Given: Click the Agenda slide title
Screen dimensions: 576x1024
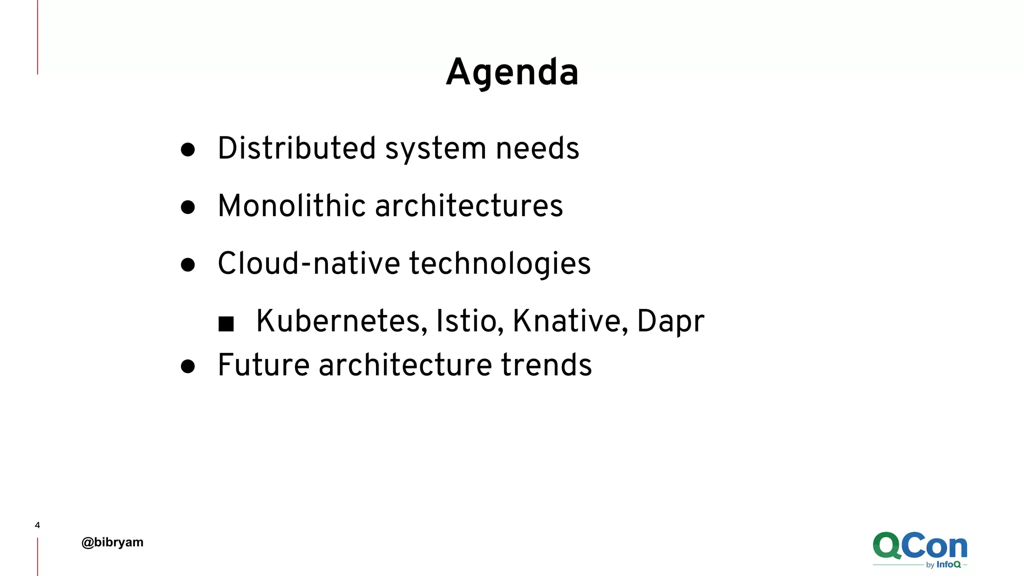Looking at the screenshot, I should click(x=512, y=72).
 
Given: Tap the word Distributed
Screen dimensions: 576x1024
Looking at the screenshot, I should click(x=296, y=148).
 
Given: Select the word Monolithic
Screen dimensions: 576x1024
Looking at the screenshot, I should click(x=292, y=206).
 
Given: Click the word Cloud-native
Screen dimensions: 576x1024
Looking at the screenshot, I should click(x=309, y=263).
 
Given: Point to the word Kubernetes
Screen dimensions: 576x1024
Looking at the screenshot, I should click(x=341, y=321).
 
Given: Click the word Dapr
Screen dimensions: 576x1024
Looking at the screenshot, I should click(x=670, y=322).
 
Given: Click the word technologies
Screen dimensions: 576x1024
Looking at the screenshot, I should click(x=500, y=264).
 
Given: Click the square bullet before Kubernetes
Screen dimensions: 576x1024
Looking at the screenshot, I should click(x=226, y=324).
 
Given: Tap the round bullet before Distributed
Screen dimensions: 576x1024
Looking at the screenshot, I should click(x=188, y=149).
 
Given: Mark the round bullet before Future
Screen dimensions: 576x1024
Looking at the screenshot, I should click(x=188, y=366).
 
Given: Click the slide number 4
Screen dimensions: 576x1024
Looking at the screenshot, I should click(x=37, y=525).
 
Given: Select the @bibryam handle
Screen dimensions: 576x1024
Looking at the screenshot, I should click(x=112, y=542).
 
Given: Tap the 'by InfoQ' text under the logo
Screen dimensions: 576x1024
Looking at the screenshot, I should click(x=943, y=564).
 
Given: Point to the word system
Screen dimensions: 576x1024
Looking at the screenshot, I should click(x=435, y=149).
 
